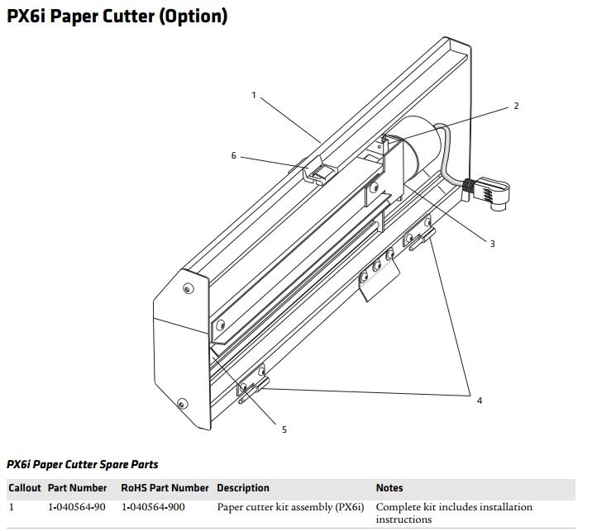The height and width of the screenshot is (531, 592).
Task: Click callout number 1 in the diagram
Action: pos(255,95)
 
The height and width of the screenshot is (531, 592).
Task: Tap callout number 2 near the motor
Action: pos(516,106)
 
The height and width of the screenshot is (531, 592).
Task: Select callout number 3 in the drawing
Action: pos(492,244)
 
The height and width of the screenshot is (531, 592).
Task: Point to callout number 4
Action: pos(479,401)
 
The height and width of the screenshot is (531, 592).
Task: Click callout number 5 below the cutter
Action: pos(284,429)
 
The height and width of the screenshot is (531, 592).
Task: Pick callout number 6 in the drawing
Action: pos(234,155)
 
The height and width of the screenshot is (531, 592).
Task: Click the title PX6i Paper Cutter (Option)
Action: pos(117,16)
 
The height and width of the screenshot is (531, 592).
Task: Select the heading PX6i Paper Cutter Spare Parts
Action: pos(83,465)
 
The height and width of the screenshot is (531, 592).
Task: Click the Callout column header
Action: pos(25,488)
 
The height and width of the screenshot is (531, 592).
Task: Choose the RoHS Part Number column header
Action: pos(165,488)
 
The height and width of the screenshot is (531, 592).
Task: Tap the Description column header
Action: pos(243,488)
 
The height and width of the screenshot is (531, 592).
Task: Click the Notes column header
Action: pos(389,488)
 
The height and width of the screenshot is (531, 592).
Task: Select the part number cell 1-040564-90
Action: pos(77,507)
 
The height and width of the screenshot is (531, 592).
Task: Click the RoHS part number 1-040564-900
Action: pos(153,507)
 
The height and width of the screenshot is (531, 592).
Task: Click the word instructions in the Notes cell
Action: pos(403,519)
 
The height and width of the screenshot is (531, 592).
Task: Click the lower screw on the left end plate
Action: pos(179,405)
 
